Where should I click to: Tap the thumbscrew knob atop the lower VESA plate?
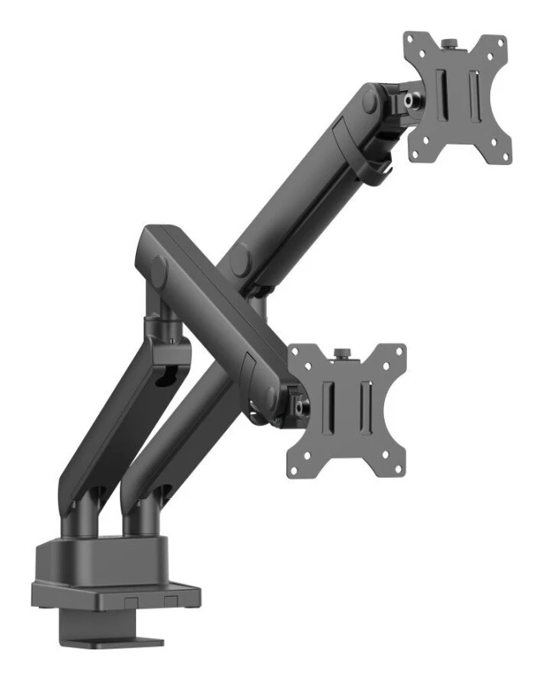point(343,352)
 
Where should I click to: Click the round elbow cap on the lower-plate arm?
point(160,269)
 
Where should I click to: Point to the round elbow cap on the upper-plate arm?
point(240,259)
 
